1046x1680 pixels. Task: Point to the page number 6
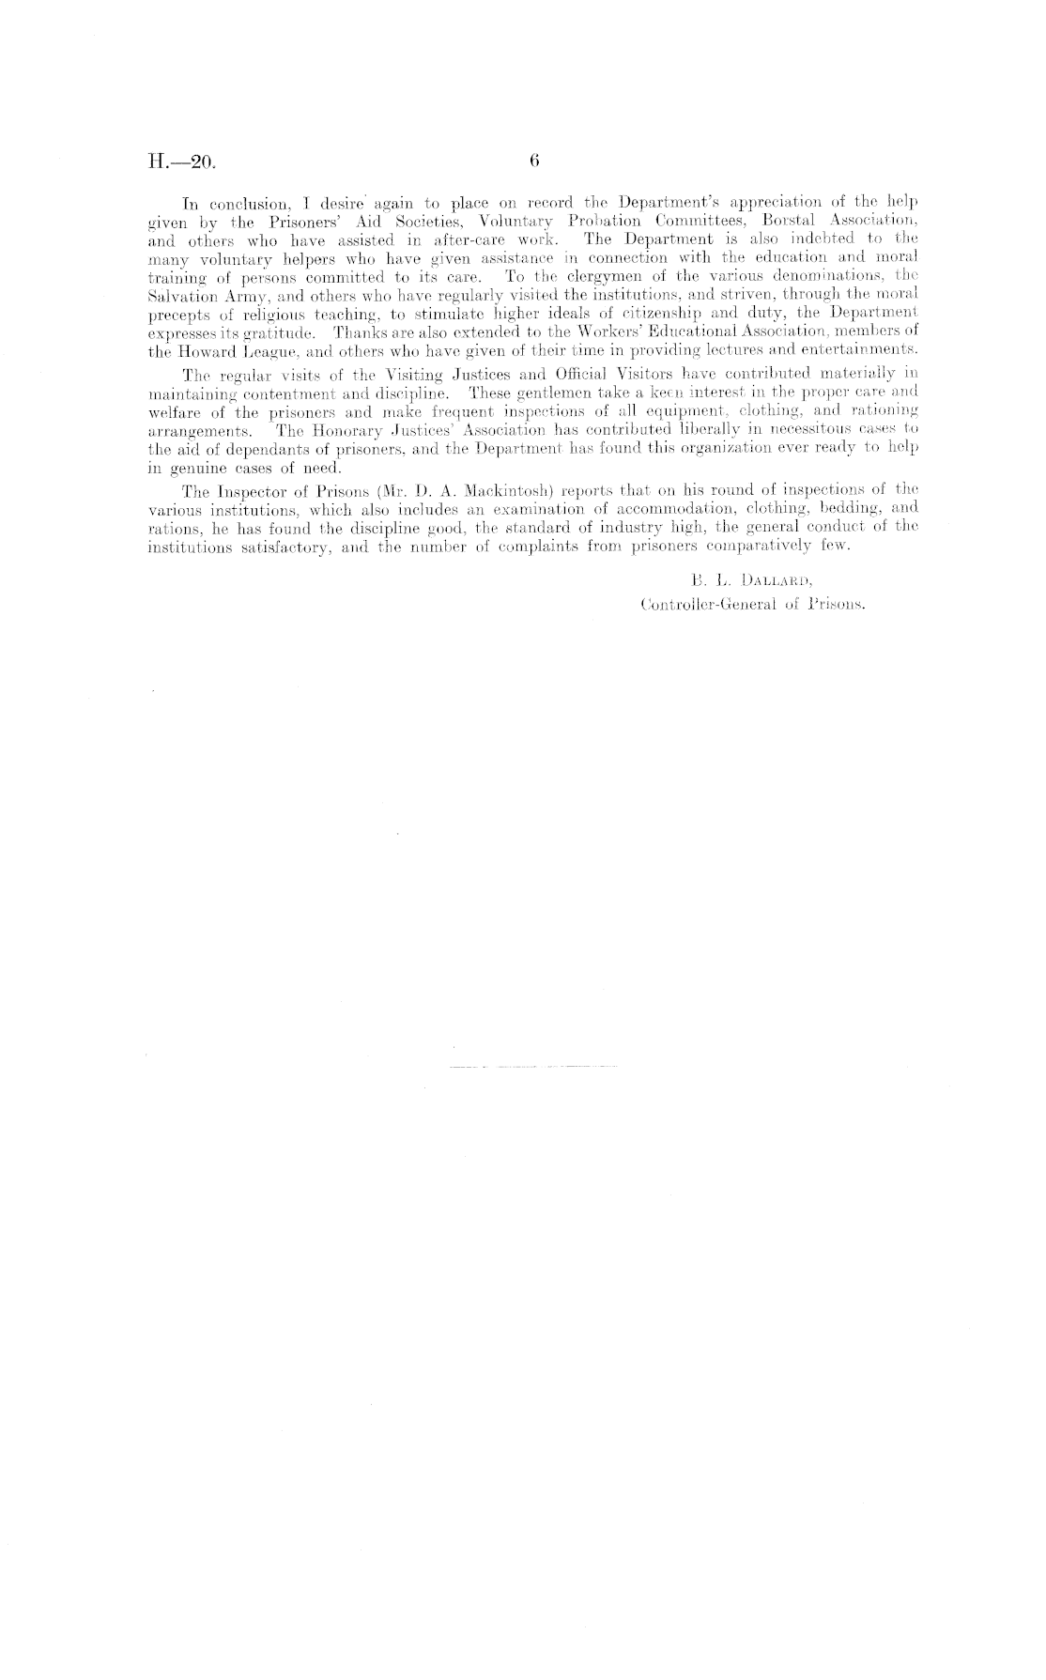tap(533, 161)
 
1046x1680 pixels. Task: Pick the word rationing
tap(880, 410)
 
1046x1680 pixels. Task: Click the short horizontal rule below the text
tap(532, 1068)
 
